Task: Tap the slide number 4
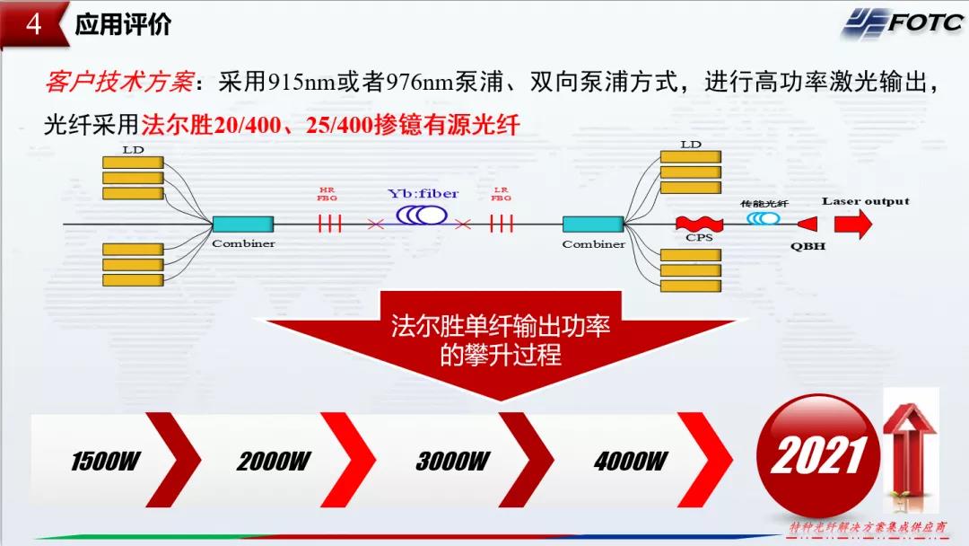(33, 24)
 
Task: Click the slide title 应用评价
(123, 24)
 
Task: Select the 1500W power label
(105, 462)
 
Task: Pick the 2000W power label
(273, 462)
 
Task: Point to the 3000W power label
(452, 462)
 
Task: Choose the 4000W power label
(630, 462)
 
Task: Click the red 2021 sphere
(818, 454)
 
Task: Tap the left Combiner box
(243, 224)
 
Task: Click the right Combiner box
(593, 224)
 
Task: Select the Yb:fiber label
(423, 194)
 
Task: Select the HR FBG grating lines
(329, 223)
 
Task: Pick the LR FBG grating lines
(501, 223)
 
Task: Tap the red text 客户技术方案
(118, 84)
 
